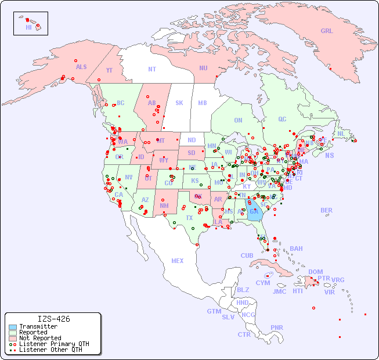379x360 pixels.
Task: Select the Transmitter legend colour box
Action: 12,326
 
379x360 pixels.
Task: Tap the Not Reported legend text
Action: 39,338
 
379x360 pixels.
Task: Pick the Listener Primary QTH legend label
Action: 53,344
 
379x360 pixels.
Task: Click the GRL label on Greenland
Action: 327,31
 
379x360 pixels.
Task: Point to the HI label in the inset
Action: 28,27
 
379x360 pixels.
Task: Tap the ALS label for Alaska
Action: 81,67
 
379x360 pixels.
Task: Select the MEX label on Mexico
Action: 178,261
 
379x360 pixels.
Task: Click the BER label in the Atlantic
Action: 326,210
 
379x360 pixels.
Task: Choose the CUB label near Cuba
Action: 247,255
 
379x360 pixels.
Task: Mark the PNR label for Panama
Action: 277,327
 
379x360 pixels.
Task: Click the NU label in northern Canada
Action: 203,68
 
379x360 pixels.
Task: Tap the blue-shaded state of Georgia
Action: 254,210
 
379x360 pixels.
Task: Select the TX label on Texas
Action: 189,218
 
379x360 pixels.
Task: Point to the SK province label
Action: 179,103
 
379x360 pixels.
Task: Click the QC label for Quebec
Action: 282,119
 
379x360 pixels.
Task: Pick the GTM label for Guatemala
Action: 214,311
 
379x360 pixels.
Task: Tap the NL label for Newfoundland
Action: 341,133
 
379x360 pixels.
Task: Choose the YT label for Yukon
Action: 109,70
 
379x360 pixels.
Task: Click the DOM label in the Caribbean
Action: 315,272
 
